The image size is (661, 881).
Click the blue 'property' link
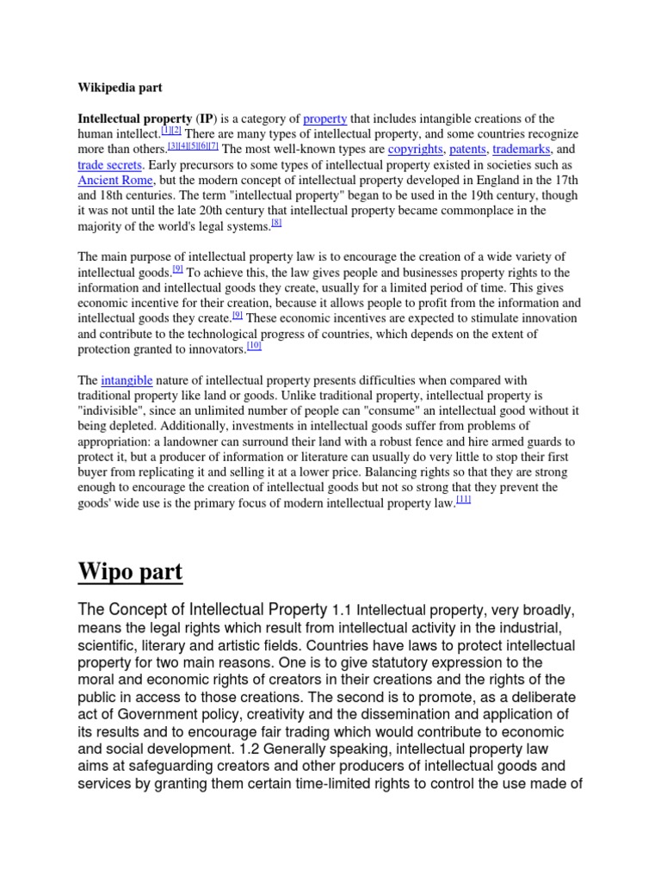point(324,119)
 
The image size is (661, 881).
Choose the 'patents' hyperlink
point(466,150)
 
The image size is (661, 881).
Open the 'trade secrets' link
point(109,165)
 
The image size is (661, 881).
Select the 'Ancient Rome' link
point(115,181)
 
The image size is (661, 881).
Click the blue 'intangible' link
point(126,380)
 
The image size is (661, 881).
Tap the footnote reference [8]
point(276,224)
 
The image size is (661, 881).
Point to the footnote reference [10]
point(254,346)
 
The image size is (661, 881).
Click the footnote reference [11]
point(464,501)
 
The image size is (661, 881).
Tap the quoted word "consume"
point(395,411)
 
